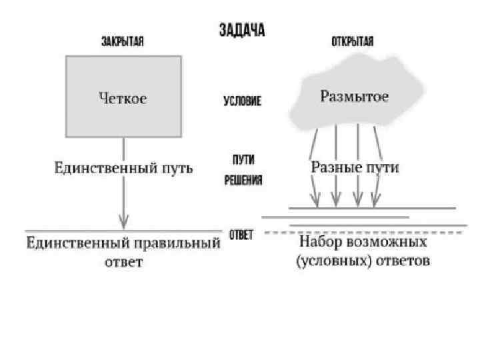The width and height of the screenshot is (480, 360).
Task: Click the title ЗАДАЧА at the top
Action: tap(243, 31)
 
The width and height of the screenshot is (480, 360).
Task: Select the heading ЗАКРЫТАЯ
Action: tap(123, 41)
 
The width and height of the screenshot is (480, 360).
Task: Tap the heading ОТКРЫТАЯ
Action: tap(353, 41)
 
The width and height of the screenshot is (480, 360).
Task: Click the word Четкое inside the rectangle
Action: tap(123, 99)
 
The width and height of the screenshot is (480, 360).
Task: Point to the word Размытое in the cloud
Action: tap(355, 97)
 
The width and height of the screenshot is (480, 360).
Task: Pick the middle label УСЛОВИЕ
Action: tap(242, 102)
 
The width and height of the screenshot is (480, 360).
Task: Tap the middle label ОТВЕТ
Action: tap(241, 235)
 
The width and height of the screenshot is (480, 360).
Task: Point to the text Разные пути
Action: tap(355, 168)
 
